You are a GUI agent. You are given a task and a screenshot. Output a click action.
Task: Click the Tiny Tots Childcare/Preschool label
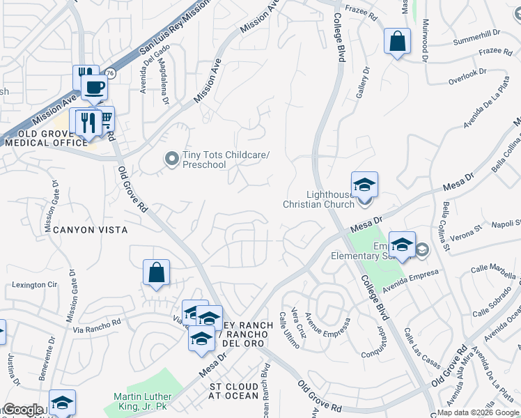(225, 160)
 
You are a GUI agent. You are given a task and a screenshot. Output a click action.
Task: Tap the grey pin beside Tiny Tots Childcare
(171, 160)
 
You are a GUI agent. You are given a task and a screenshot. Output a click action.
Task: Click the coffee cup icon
(94, 88)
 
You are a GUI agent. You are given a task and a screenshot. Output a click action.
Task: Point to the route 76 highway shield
(110, 73)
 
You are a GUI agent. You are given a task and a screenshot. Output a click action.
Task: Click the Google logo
(22, 410)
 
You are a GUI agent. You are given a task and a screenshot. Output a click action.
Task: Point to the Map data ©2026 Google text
(479, 412)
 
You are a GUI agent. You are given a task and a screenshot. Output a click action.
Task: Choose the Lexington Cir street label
(34, 286)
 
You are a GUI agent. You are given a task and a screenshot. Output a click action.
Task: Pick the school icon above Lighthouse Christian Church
(364, 184)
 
